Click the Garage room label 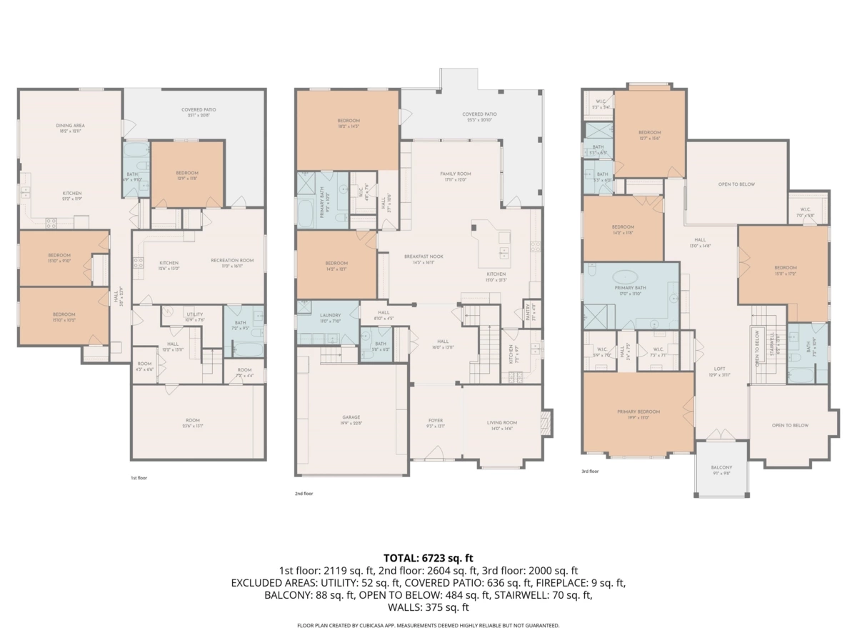pyautogui.click(x=351, y=417)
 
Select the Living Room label pyautogui.click(x=502, y=422)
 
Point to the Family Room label pyautogui.click(x=455, y=174)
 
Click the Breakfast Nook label pyautogui.click(x=424, y=256)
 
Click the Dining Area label pyautogui.click(x=70, y=126)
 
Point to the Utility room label pyautogui.click(x=194, y=314)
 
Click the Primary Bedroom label pyautogui.click(x=638, y=412)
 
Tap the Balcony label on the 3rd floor pyautogui.click(x=721, y=468)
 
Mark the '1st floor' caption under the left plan pyautogui.click(x=139, y=477)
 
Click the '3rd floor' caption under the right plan pyautogui.click(x=590, y=472)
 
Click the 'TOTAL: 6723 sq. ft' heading pyautogui.click(x=428, y=557)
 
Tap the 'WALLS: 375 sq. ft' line pyautogui.click(x=428, y=607)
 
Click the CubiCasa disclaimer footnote pyautogui.click(x=428, y=625)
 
